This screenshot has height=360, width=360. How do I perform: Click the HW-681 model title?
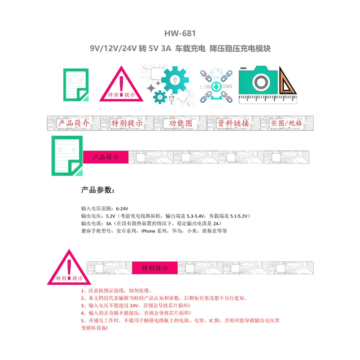tap(180, 33)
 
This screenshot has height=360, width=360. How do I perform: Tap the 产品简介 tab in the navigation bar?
tap(74, 123)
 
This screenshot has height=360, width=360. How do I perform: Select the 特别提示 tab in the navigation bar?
tap(127, 123)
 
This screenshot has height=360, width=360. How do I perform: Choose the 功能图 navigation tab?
tap(180, 123)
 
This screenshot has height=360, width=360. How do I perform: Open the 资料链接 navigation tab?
tap(233, 123)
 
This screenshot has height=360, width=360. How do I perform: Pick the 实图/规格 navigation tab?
tap(287, 123)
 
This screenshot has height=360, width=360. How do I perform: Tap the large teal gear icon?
tap(175, 80)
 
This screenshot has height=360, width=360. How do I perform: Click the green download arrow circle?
tap(216, 87)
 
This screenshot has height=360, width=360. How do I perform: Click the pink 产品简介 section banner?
tap(105, 157)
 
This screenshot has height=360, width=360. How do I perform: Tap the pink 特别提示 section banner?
tap(155, 268)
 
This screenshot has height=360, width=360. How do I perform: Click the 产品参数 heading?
tap(98, 190)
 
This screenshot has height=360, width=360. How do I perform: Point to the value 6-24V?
tap(122, 209)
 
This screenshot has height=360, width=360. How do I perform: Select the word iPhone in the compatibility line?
tap(148, 231)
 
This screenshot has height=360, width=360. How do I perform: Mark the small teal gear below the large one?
tap(160, 97)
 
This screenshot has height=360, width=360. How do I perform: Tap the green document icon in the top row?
tap(76, 85)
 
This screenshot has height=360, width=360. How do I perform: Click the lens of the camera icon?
tap(261, 82)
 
